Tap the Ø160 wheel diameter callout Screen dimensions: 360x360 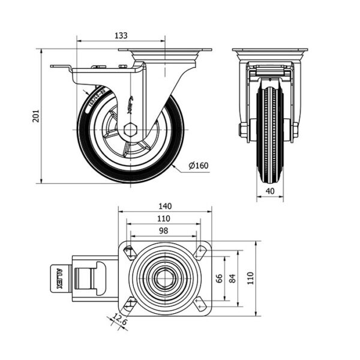click(198, 166)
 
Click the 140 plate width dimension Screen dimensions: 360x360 click(166, 206)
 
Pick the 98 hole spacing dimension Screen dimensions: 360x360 click(164, 230)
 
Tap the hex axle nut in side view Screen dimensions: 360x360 click(131, 130)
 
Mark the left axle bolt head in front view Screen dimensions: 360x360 click(242, 130)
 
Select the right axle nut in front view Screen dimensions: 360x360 click(295, 130)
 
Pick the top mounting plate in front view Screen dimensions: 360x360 click(270, 51)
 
